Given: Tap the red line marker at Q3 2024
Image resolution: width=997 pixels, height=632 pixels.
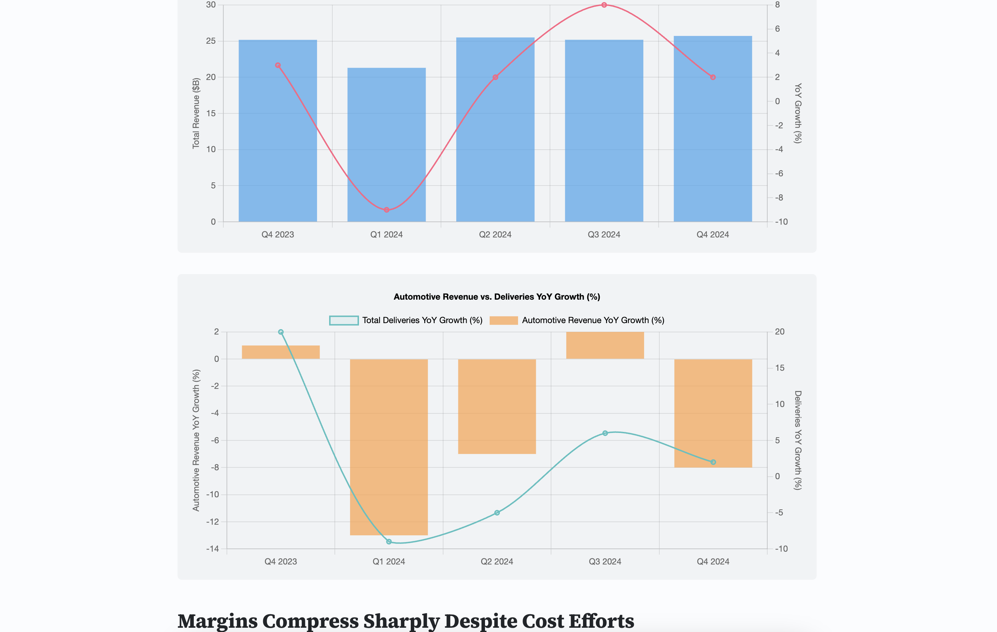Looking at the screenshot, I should click(604, 5).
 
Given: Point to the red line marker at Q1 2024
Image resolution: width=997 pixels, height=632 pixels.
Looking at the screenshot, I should click(386, 210).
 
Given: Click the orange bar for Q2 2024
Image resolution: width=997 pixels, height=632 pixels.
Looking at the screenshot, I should click(497, 406).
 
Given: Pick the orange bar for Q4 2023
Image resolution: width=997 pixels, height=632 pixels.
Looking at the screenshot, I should click(281, 352).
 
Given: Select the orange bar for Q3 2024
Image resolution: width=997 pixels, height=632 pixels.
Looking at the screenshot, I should click(605, 345).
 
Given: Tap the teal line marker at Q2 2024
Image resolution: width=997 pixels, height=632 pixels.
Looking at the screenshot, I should click(497, 513).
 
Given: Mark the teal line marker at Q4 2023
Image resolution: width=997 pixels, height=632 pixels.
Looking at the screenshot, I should click(281, 332).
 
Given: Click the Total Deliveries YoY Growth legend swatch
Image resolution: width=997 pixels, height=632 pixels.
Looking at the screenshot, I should click(344, 320).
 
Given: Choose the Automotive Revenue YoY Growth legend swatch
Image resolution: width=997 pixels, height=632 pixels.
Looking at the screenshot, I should click(503, 320).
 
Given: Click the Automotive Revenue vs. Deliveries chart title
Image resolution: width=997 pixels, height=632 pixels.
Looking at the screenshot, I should click(496, 297).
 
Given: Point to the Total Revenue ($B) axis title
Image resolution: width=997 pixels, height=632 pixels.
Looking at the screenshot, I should click(196, 113).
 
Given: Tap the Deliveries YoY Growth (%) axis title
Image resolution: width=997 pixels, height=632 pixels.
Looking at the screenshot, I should click(798, 440).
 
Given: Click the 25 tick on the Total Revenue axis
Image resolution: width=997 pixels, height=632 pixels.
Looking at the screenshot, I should click(211, 41).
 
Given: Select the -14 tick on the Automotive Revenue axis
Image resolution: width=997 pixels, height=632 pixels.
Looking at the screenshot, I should click(212, 549).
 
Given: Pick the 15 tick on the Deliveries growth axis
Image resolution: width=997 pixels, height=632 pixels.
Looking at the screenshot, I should click(780, 368).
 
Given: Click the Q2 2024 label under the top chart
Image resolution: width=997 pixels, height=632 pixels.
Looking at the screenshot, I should click(495, 235).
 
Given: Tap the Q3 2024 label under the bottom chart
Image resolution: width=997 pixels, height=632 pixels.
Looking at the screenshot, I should click(605, 562).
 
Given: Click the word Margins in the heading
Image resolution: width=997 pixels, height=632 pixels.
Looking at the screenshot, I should click(217, 621).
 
